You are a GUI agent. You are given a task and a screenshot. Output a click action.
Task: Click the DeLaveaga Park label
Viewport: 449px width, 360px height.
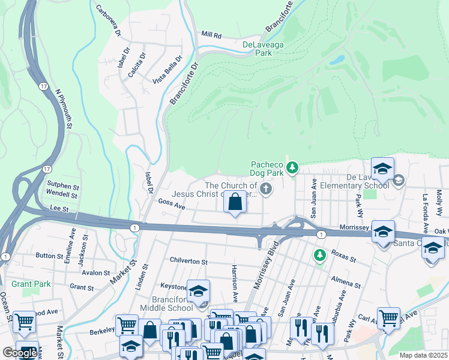(265, 49)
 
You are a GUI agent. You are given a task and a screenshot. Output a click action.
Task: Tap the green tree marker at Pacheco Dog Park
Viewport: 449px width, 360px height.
(292, 168)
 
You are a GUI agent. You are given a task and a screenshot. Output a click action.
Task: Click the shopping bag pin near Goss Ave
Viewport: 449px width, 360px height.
(235, 203)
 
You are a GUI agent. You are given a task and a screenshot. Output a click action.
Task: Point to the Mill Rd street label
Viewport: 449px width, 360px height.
(211, 35)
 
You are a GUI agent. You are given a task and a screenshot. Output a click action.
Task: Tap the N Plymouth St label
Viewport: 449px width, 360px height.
(63, 109)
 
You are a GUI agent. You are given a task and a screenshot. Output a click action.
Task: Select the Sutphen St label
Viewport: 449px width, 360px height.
(62, 187)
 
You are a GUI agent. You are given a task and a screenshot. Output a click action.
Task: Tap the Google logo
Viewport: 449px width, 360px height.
(19, 353)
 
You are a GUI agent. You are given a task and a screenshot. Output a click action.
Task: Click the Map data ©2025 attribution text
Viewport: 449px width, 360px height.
(423, 355)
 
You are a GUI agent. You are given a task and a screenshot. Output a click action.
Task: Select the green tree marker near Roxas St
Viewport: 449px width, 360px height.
(319, 255)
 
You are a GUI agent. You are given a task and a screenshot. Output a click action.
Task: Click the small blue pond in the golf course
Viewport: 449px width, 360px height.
(337, 60)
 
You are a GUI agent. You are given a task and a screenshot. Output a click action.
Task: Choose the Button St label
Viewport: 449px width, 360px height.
(49, 255)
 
